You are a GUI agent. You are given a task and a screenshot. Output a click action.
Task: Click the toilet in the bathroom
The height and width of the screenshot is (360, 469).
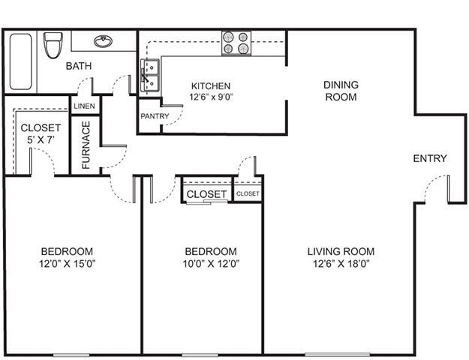click(x=53, y=45)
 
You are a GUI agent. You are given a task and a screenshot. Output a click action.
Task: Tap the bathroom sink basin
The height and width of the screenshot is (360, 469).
click(x=103, y=41)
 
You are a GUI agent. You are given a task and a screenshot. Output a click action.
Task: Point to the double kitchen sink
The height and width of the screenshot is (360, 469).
click(x=150, y=75)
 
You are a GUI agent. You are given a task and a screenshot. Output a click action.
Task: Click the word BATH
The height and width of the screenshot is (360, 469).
click(x=79, y=66)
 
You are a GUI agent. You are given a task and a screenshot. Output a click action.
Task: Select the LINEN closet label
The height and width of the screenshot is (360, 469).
click(x=85, y=106)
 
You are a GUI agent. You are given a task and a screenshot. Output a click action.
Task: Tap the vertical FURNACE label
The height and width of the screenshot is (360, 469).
click(x=86, y=145)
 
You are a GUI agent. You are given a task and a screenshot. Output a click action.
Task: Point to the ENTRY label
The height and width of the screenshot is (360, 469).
click(x=430, y=158)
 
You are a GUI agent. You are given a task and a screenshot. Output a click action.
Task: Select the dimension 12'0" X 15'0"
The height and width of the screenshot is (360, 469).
click(x=67, y=263)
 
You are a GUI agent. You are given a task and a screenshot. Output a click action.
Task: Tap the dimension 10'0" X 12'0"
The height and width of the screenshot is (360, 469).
click(x=211, y=263)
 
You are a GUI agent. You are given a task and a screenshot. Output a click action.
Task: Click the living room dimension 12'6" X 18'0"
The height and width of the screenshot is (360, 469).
click(x=341, y=263)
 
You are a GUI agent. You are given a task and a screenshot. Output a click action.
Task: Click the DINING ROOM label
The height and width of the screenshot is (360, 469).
click(x=341, y=91)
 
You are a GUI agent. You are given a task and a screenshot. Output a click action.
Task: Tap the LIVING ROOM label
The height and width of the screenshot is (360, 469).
click(x=341, y=251)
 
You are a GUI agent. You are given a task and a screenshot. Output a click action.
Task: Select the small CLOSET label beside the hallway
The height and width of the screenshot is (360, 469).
click(x=248, y=193)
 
